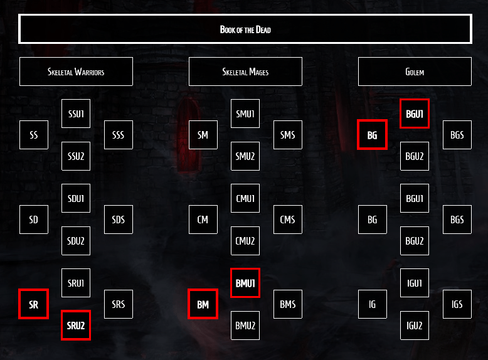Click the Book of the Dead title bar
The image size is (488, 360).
point(245,29)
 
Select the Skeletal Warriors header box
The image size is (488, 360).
point(76,71)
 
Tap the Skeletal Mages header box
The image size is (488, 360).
point(245,71)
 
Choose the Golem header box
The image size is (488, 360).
point(415,71)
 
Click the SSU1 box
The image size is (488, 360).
point(76,114)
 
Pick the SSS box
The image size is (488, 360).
point(119,135)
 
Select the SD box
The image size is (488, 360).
point(34,220)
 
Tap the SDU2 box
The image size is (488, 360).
point(76,241)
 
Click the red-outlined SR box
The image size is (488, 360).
point(34,304)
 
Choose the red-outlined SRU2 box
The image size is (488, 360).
point(76,326)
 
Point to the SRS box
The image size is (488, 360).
point(119,304)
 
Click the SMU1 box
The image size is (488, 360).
point(245,114)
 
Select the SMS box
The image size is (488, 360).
point(288,135)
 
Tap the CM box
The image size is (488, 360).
point(203,220)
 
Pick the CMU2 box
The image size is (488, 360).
point(245,241)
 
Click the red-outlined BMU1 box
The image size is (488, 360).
point(245,283)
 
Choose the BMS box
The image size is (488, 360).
point(288,304)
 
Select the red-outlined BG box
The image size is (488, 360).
point(373,135)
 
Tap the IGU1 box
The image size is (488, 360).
point(415,283)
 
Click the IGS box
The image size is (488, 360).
point(457,304)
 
